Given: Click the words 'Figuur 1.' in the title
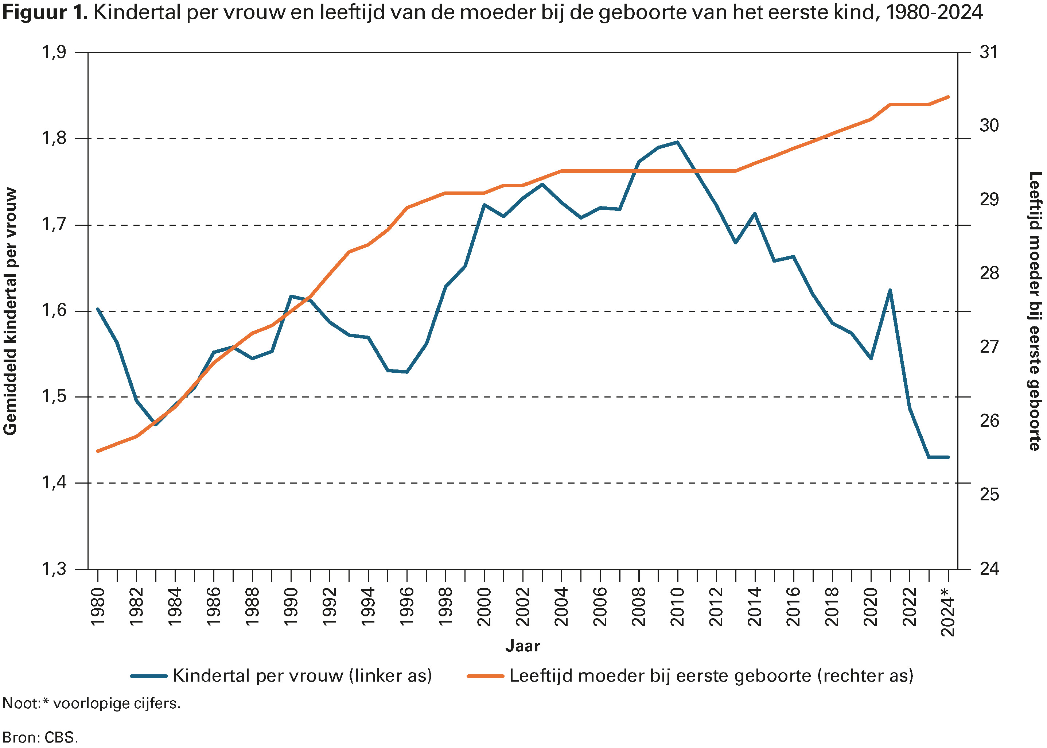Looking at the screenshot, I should (x=45, y=12).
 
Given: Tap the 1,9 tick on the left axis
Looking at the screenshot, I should (x=54, y=53).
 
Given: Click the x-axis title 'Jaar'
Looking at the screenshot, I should (x=522, y=646).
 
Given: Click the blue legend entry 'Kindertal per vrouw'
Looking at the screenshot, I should (x=281, y=676).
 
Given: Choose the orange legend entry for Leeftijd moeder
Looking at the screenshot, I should (x=690, y=676).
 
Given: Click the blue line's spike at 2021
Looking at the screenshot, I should (x=890, y=290).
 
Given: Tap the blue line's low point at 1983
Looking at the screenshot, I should (x=156, y=424).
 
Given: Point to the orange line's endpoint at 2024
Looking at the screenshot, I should (x=948, y=97).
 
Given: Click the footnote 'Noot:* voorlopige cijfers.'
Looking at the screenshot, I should (x=91, y=703).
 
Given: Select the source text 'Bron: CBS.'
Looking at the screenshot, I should (x=40, y=737).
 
